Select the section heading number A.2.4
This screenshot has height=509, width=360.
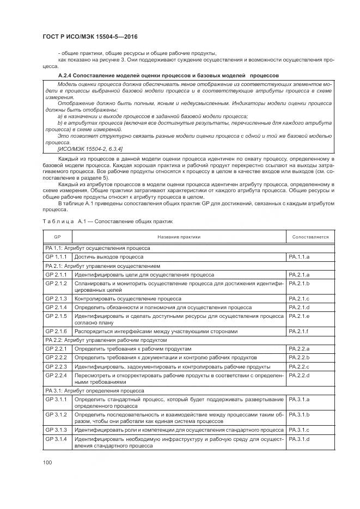pyautogui.click(x=66, y=75)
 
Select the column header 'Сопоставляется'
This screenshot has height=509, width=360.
pyautogui.click(x=310, y=237)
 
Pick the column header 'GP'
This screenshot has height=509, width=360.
pyautogui.click(x=57, y=237)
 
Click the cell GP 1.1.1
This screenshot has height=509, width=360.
pyautogui.click(x=56, y=256)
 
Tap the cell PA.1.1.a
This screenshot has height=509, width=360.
pyautogui.click(x=300, y=256)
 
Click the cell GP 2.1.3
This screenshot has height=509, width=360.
pyautogui.click(x=56, y=299)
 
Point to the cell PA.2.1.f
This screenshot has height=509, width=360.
pyautogui.click(x=299, y=331)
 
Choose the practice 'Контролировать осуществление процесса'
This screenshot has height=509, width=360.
pyautogui.click(x=128, y=299)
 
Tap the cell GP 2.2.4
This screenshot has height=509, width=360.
pyautogui.click(x=56, y=375)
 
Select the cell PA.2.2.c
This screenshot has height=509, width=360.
pyautogui.click(x=300, y=366)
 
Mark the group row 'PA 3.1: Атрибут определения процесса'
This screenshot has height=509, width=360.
pyautogui.click(x=95, y=390)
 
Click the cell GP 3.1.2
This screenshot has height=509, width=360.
pyautogui.click(x=56, y=415)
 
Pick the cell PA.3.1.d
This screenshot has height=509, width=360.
pyautogui.click(x=300, y=439)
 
